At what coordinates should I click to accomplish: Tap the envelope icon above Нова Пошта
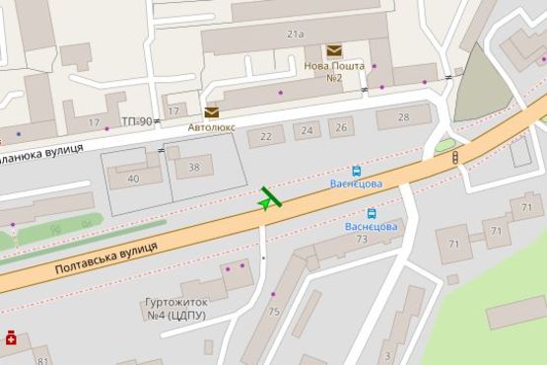[x=335, y=50]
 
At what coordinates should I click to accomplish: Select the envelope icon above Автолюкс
[x=212, y=111]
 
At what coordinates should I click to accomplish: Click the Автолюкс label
[x=212, y=126]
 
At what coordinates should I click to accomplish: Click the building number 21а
[x=296, y=35]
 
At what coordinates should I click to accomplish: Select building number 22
[x=265, y=136]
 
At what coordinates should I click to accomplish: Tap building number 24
[x=308, y=131]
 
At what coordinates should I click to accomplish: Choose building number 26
[x=341, y=126]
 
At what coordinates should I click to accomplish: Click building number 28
[x=403, y=117]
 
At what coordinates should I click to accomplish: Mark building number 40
[x=133, y=178]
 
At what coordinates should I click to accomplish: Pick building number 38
[x=194, y=168]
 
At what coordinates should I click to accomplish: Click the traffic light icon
[x=454, y=158]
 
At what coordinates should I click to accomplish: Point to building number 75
[x=274, y=312]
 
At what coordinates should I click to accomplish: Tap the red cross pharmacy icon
[x=11, y=338]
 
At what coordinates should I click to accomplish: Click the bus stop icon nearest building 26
[x=356, y=170]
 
